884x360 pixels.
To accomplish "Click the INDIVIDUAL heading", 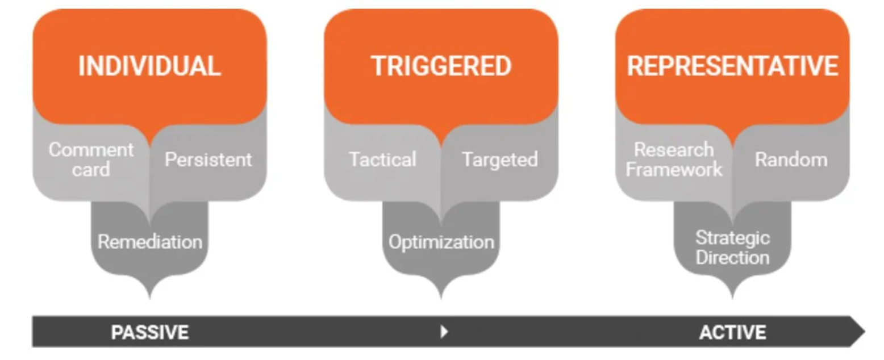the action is [x=149, y=66].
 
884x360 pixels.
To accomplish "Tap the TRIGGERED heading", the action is [x=441, y=66].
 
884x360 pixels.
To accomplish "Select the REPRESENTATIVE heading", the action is [x=732, y=66].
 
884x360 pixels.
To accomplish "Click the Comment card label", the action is [x=91, y=160].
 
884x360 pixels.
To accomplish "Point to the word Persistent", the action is [x=208, y=160].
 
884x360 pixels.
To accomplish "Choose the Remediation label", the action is [x=150, y=242].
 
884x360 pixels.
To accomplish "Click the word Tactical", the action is [x=383, y=160].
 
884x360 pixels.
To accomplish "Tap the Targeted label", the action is [x=500, y=160].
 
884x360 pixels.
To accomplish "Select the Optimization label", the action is [x=441, y=242].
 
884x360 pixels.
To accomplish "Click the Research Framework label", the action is [x=674, y=160].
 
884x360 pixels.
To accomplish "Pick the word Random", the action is [x=791, y=160].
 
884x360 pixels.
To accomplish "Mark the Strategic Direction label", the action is [x=732, y=248].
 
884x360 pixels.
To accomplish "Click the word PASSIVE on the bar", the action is [x=150, y=332].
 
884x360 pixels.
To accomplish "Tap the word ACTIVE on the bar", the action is [x=733, y=332].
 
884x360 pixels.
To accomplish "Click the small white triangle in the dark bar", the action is [x=444, y=332].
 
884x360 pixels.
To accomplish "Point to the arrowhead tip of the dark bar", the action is [x=865, y=332].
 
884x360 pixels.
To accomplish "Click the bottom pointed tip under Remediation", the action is [x=150, y=299].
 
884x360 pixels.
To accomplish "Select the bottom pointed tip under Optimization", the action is [x=441, y=299].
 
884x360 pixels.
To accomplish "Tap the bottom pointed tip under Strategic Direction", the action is [x=732, y=299].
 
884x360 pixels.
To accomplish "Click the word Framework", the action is [x=674, y=170].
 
